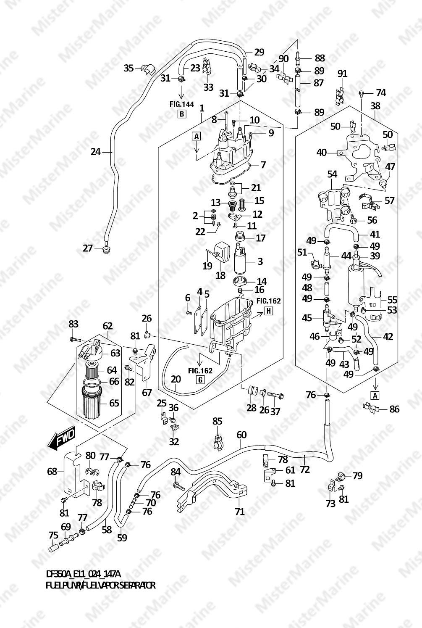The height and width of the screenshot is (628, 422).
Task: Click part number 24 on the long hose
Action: coord(96,151)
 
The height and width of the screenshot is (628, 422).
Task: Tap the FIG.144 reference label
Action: coord(182,104)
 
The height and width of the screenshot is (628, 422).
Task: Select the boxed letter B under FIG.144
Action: coord(182,114)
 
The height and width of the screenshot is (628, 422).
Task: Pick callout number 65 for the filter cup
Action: coord(114,403)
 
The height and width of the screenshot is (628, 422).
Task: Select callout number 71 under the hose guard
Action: coord(240,512)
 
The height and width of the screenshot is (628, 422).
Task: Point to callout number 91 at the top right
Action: coord(343,74)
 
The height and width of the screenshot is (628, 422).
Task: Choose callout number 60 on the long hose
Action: coord(241,435)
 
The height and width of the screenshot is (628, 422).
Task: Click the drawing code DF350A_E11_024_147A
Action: coord(83,574)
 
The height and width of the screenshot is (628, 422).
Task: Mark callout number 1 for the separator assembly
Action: coord(202,108)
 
